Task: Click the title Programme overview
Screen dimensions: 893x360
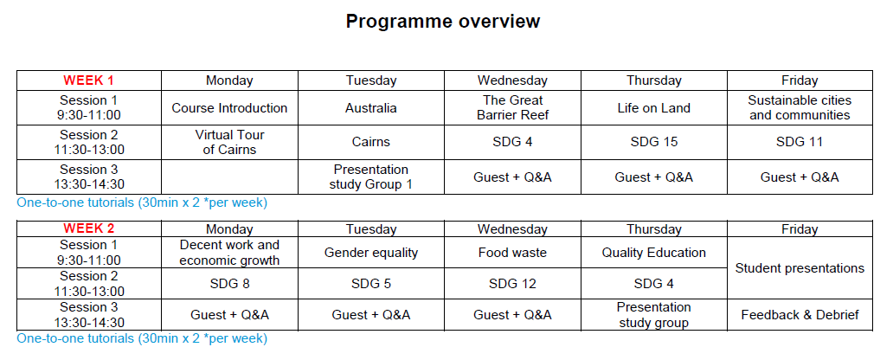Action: click(x=442, y=22)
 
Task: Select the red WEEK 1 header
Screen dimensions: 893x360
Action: click(x=89, y=80)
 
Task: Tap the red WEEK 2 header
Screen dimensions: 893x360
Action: click(x=89, y=229)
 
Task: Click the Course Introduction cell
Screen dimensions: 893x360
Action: click(x=229, y=108)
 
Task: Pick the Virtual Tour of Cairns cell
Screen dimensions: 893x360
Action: click(x=229, y=143)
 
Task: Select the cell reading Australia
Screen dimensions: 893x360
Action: click(x=370, y=108)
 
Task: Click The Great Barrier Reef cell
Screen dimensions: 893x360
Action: click(x=512, y=107)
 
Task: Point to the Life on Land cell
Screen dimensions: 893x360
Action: click(x=654, y=108)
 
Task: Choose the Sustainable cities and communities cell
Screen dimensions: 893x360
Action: click(x=800, y=107)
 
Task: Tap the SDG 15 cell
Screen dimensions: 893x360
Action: click(x=654, y=143)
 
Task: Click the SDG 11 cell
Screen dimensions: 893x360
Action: click(x=800, y=143)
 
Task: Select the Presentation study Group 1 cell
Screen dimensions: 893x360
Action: click(x=370, y=177)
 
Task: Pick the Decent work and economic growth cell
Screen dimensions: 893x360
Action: click(x=229, y=253)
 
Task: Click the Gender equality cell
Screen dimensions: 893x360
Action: click(x=370, y=253)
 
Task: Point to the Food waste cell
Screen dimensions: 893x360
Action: click(x=512, y=253)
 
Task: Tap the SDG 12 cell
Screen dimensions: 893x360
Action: click(x=512, y=284)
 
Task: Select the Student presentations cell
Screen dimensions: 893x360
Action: click(x=800, y=268)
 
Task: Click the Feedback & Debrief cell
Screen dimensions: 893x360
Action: click(x=800, y=315)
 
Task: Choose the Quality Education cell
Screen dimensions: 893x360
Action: click(x=654, y=253)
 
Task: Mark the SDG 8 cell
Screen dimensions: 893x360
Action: click(x=229, y=284)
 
